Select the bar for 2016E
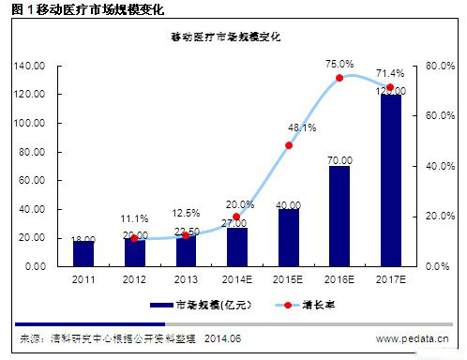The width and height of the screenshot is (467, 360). pyautogui.click(x=339, y=216)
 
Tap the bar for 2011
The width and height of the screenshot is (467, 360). pyautogui.click(x=84, y=253)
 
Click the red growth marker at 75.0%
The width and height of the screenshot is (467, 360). pyautogui.click(x=339, y=78)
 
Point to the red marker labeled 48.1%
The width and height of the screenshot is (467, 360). pyautogui.click(x=289, y=145)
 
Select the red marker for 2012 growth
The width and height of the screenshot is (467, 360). pyautogui.click(x=135, y=238)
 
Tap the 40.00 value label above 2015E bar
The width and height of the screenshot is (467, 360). pyautogui.click(x=289, y=204)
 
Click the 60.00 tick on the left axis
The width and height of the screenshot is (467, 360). pyautogui.click(x=34, y=181)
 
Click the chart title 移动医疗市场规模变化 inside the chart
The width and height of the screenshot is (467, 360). pyautogui.click(x=232, y=37)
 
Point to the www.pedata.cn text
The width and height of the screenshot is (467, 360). pyautogui.click(x=413, y=338)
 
